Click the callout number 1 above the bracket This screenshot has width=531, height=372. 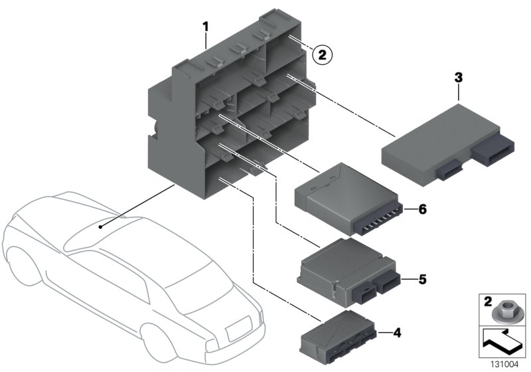tap(206, 27)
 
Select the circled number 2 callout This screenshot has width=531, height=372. tap(321, 55)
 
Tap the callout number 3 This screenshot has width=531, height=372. tap(458, 78)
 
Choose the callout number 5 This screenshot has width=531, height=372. tap(421, 279)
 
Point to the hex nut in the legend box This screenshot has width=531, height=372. tap(504, 308)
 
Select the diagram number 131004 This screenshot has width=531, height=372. tap(504, 364)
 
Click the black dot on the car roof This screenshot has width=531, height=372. tap(100, 227)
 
